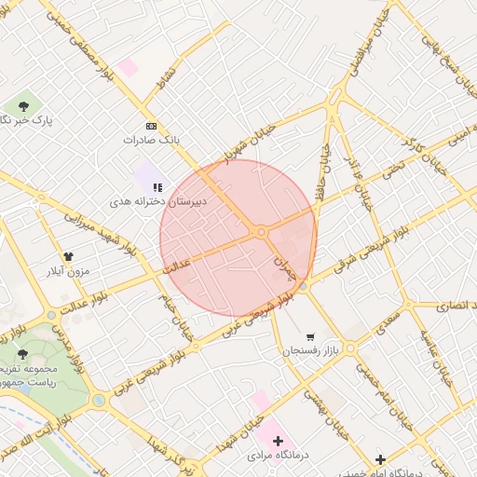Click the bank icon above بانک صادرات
(151, 125)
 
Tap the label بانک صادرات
(150, 140)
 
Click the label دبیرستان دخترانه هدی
(158, 200)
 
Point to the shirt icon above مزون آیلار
(67, 257)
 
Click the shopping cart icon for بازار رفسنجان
(309, 336)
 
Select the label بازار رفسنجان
(307, 351)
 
